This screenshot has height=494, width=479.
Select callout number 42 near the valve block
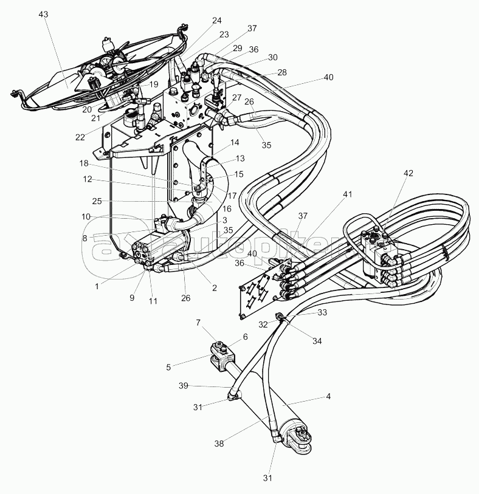[408, 173]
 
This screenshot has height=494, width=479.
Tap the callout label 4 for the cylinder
[329, 397]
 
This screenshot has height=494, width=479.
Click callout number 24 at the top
[218, 19]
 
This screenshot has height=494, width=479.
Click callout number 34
[317, 341]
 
